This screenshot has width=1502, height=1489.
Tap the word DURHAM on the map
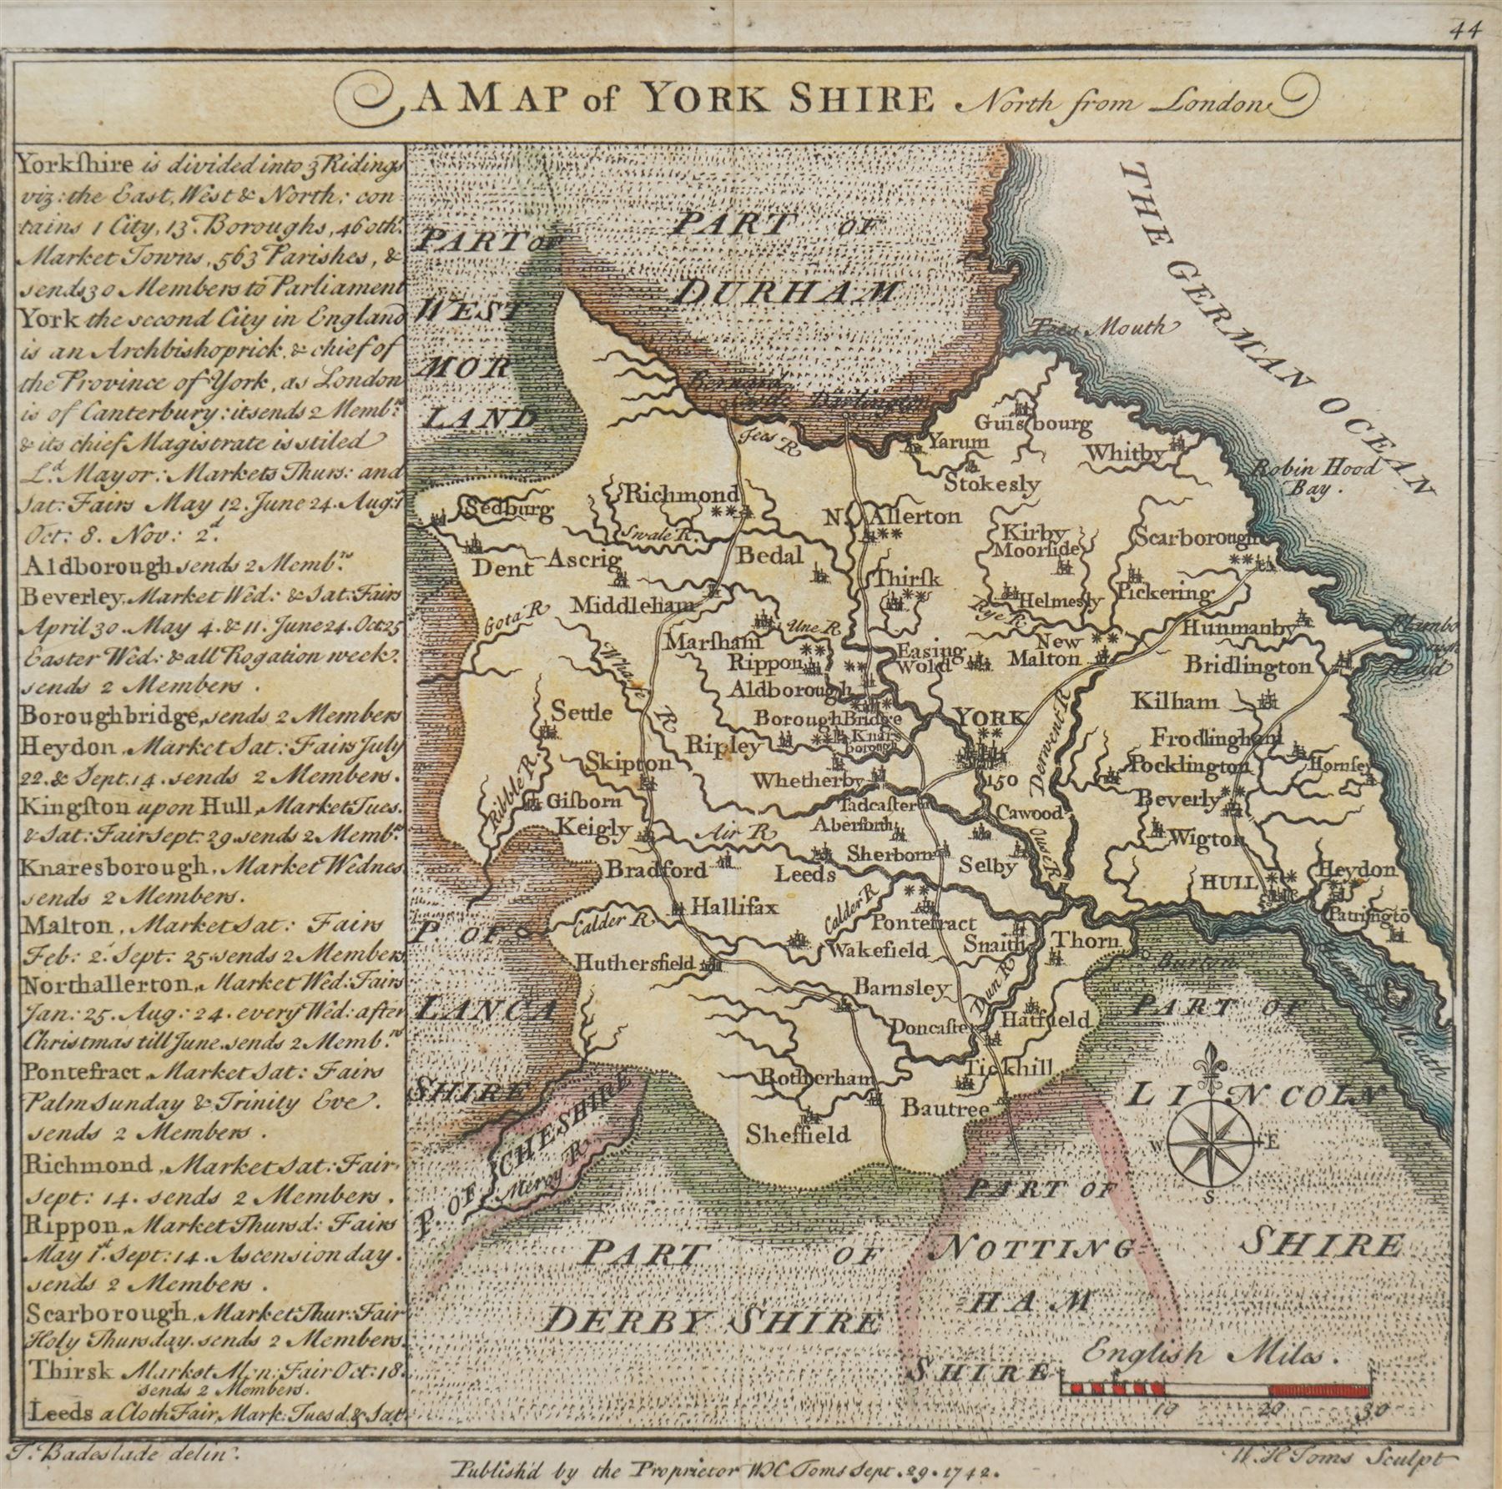click(789, 292)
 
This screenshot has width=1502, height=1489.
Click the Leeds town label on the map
click(805, 874)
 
